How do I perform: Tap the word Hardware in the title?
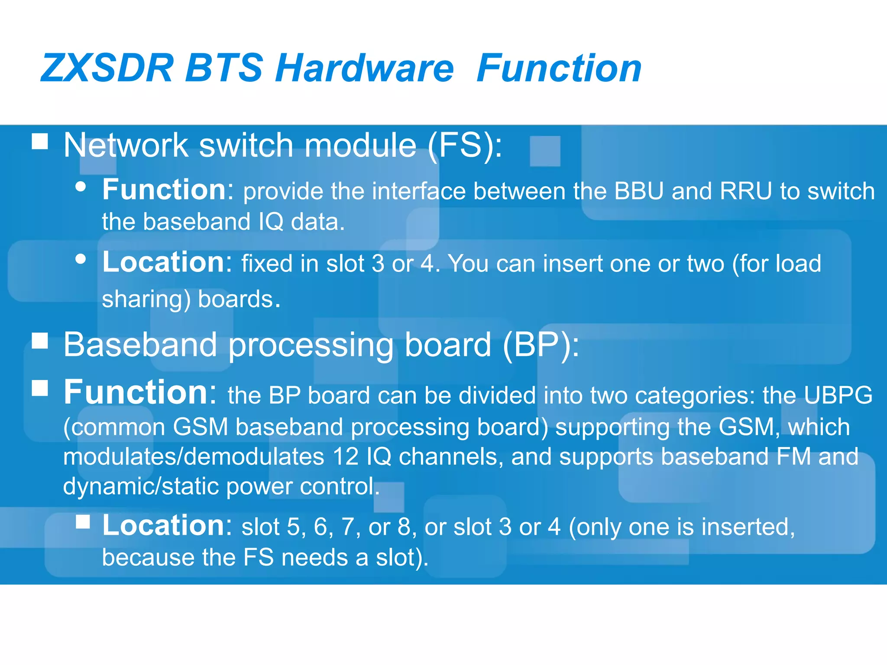364,68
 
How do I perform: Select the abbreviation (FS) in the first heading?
465,145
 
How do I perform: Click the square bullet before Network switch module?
40,141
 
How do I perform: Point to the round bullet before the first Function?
81,187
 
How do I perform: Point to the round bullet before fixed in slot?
81,259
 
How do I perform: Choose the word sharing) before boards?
146,300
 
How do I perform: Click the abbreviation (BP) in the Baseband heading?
541,345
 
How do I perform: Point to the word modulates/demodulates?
194,457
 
